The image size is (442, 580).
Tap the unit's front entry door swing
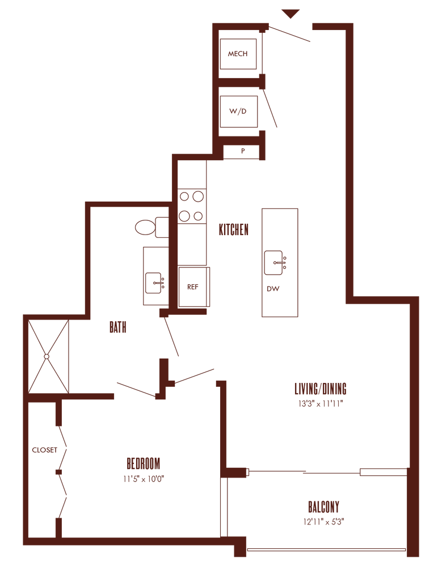(289, 34)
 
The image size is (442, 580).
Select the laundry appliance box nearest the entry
(238, 54)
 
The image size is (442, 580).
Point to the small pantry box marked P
(243, 151)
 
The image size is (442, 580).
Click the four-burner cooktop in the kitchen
(191, 206)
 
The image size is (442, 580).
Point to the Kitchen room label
(234, 229)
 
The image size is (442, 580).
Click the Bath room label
(117, 327)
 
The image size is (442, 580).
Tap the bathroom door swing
(171, 336)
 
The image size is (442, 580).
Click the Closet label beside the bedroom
(45, 451)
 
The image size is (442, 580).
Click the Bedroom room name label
(144, 463)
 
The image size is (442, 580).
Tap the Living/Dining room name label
(320, 389)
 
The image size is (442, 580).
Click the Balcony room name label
(324, 505)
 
